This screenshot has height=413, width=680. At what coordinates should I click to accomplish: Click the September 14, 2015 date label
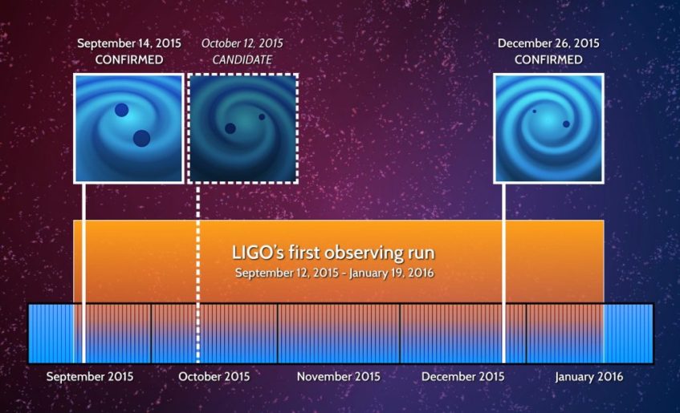pos(128,43)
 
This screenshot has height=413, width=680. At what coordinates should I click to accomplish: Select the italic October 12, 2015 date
pos(242,43)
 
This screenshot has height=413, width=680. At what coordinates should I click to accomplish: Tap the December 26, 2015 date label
pos(548,43)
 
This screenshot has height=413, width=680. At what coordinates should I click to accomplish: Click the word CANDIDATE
pos(242,59)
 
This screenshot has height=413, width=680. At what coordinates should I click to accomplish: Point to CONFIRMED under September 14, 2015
pos(128,59)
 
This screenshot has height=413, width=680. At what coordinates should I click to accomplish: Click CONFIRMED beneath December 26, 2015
pos(548,59)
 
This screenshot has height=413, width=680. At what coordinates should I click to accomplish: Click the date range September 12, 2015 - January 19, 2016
pos(332,273)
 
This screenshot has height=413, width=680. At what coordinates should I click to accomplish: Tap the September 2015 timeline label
pos(90,376)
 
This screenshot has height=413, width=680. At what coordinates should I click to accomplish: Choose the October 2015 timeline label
pos(214,376)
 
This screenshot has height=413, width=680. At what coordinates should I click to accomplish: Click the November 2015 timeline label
pos(338,376)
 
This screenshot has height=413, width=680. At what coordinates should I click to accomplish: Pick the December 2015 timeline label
pos(462,376)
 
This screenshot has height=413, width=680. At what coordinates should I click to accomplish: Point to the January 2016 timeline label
pos(588,376)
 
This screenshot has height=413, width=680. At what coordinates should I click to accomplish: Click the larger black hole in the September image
pos(141,139)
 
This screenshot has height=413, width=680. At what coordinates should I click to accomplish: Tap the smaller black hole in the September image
pos(121,110)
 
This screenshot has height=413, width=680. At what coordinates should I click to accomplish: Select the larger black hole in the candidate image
pos(230,128)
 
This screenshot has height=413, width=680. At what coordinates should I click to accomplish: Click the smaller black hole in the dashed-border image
pos(262,117)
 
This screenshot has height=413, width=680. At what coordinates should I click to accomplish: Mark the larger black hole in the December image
pos(566,124)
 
